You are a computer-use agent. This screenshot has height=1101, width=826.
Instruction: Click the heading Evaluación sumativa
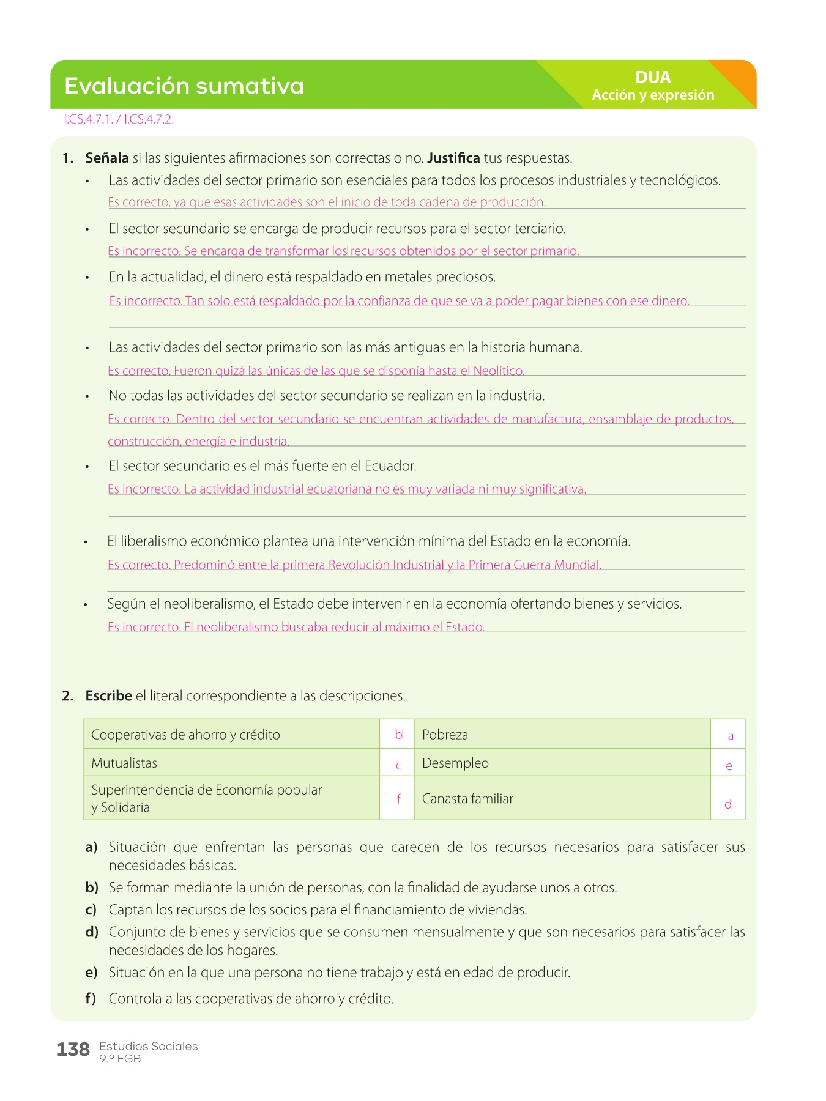point(184,86)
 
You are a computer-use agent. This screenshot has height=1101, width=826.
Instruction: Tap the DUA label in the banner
point(653,78)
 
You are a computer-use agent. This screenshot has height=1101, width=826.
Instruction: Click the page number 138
point(73,1050)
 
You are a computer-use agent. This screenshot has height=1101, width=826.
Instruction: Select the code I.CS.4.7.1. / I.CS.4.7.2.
point(119,120)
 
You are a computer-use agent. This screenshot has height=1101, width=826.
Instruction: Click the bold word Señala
point(107,158)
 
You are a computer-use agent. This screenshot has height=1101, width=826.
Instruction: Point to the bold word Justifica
point(453,158)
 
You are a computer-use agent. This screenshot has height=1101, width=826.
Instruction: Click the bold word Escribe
point(109,696)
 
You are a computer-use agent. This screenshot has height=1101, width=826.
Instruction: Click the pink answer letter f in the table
point(398,798)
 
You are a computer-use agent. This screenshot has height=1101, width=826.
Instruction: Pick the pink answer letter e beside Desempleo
point(729,766)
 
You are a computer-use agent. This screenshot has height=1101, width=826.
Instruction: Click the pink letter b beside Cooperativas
point(398,735)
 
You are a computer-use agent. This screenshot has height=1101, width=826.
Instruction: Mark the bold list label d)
point(92,932)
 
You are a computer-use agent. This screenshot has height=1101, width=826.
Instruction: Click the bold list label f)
point(91,999)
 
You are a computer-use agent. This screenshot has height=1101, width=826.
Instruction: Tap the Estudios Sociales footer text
point(149,1047)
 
